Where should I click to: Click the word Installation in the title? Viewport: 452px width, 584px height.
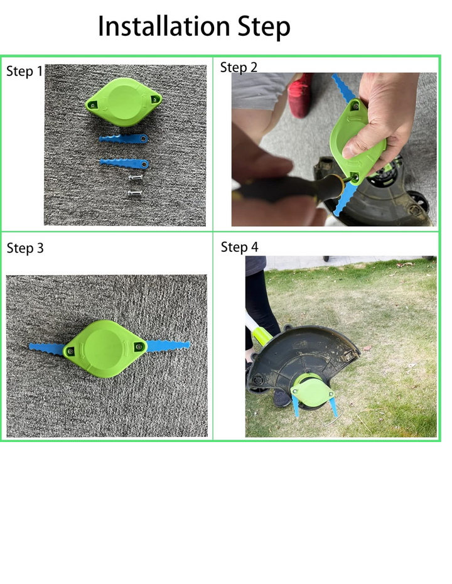pos(163,26)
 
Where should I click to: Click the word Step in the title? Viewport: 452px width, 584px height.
pos(264,27)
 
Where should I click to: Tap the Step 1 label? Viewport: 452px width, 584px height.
pos(24,71)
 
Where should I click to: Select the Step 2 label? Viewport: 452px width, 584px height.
pos(239,67)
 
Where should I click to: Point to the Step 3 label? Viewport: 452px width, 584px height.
pos(25,248)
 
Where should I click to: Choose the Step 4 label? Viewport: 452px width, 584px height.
pos(239,247)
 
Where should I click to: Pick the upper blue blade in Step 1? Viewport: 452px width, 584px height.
pos(123,139)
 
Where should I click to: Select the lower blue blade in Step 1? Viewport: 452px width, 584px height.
pos(124,163)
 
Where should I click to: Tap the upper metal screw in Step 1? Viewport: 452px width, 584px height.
pos(136,178)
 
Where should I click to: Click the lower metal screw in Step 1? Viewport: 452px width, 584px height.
pos(135,193)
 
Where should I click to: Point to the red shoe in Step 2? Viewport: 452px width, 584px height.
pos(300,95)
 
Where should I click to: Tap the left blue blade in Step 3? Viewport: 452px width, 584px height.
pos(47,349)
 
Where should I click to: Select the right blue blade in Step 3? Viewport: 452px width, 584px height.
pos(168,345)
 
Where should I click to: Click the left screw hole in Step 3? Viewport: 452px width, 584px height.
pos(70,351)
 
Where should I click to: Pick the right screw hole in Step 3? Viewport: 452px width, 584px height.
pos(139,347)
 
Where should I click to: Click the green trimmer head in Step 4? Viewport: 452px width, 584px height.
pos(313,391)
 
